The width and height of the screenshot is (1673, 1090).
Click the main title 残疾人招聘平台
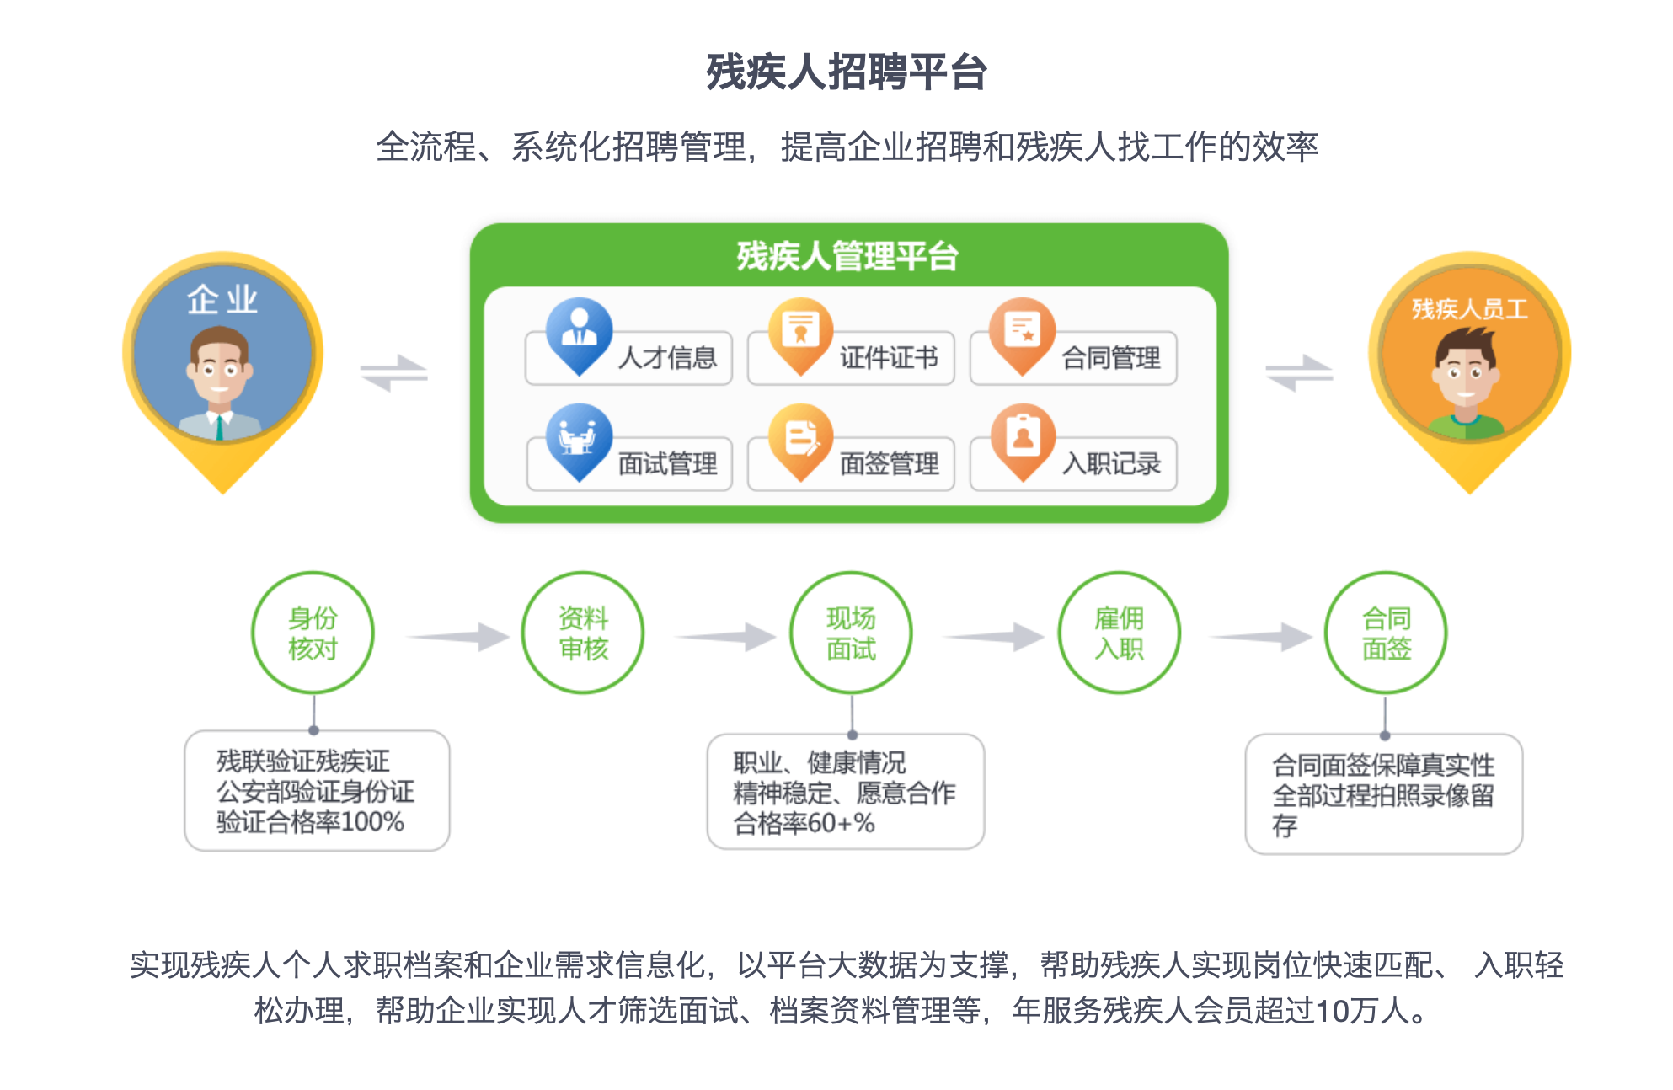847,72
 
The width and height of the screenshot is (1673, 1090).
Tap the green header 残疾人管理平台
847,256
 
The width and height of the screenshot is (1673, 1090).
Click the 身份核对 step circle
313,633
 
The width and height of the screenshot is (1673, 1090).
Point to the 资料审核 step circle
583,633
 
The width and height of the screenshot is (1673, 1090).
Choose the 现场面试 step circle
851,633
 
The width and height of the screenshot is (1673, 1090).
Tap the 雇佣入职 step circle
1119,633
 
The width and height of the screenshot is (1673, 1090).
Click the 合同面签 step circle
1386,633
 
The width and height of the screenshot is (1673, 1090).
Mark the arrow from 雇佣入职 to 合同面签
1260,637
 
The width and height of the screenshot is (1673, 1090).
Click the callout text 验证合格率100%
310,821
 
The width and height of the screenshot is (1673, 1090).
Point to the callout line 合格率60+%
804,823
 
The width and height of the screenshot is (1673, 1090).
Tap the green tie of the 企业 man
219,427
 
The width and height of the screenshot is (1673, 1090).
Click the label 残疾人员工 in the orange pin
1469,309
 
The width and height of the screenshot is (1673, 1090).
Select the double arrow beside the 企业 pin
393,372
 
